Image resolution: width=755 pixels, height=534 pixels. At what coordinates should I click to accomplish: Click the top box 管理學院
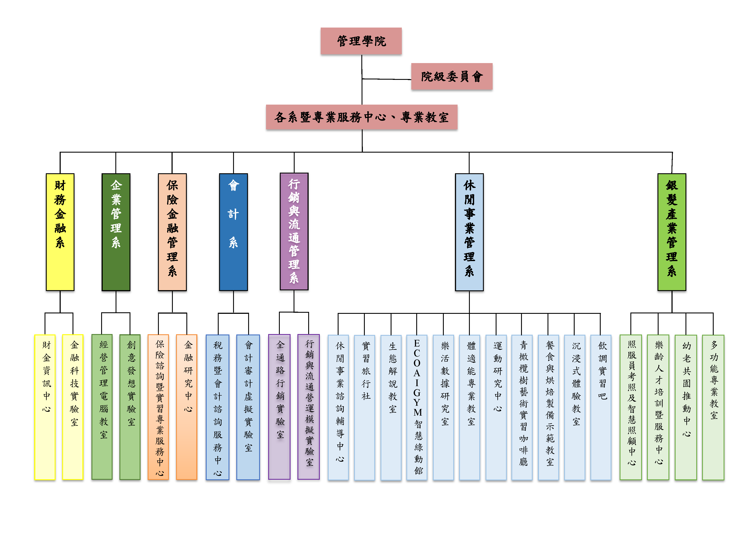pos(361,41)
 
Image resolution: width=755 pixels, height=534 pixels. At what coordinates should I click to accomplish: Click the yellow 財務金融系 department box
pos(60,232)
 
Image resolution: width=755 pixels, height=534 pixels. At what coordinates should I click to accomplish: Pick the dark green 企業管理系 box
pos(116,232)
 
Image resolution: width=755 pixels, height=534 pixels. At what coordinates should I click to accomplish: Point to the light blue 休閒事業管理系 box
pos(469,232)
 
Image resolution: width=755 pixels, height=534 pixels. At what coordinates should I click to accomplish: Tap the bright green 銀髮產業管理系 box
pos(671,232)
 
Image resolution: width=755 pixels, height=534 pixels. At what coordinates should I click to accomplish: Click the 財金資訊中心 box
pos(45,407)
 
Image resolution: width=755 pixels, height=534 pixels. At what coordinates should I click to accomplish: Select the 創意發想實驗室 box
pos(130,407)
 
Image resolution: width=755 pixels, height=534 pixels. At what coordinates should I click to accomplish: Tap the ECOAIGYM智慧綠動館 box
pos(417,407)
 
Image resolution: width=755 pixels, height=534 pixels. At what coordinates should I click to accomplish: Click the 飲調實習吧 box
pos(600,407)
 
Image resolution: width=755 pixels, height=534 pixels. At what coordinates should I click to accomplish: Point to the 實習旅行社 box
pos(364,407)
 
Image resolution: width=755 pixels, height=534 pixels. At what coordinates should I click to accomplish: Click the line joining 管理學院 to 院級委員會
pos(386,79)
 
